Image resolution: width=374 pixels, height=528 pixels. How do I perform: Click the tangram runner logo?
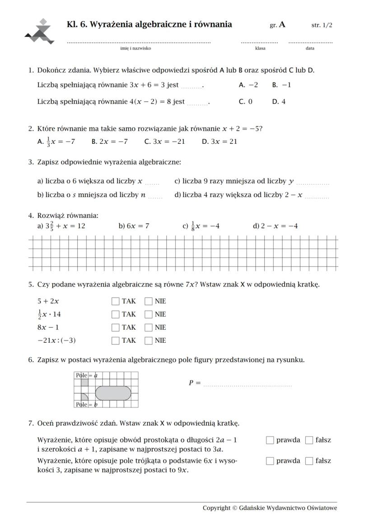pos(40,32)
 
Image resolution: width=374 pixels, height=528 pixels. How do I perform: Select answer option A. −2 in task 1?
pos(248,85)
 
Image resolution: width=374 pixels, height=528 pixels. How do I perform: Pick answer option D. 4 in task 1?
pos(279,101)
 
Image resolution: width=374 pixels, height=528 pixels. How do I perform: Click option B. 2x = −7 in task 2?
pos(109,142)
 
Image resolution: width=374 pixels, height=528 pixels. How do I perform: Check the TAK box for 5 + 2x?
pos(116,301)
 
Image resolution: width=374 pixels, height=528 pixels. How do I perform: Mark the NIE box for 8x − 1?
pos(149,327)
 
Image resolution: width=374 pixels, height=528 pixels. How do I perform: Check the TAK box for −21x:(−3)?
pos(116,340)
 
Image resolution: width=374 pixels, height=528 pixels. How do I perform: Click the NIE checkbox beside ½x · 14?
pos(149,314)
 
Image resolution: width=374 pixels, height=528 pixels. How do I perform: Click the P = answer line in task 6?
pos(247,384)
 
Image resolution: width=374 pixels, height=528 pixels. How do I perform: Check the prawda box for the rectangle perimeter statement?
pos(270,440)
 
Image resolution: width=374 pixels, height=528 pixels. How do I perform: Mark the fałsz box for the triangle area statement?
pos(309,461)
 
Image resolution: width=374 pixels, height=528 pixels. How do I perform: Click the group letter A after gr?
pos(282,25)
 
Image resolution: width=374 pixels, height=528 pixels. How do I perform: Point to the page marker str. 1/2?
pos(322,25)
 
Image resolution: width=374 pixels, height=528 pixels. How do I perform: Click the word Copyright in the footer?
pos(216,508)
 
